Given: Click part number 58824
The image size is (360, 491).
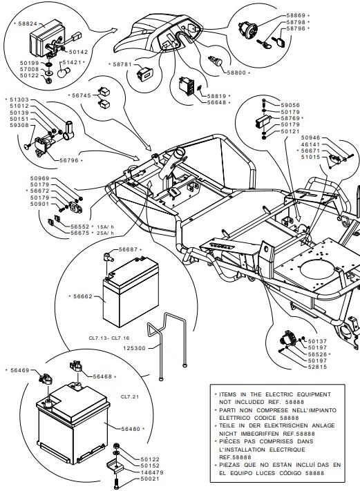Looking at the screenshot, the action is [28, 23].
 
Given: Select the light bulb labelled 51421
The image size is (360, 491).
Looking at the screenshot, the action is [64, 73].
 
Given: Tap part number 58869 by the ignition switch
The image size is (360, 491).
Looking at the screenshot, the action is [296, 15].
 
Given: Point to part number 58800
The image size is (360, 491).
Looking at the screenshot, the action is [236, 73].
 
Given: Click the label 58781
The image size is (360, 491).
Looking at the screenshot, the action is [122, 64].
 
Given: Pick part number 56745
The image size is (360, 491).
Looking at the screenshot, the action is [82, 95].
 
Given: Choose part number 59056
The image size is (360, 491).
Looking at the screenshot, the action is [290, 105].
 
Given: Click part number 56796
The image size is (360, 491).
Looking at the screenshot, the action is [69, 160].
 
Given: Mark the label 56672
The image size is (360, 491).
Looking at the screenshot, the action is [39, 191].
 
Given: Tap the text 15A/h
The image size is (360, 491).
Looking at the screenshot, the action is [106, 227].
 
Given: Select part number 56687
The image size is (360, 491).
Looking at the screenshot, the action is [128, 249].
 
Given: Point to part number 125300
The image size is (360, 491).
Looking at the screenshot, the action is [134, 348].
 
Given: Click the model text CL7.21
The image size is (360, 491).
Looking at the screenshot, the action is [130, 396].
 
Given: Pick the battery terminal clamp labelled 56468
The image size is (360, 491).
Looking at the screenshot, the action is [75, 366].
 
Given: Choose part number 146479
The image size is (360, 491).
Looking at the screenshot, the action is [152, 472].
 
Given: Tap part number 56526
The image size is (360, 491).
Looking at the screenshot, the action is [317, 354].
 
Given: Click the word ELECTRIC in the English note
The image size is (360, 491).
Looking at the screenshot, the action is [279, 394].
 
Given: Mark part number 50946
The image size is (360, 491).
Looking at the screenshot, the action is [310, 137].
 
